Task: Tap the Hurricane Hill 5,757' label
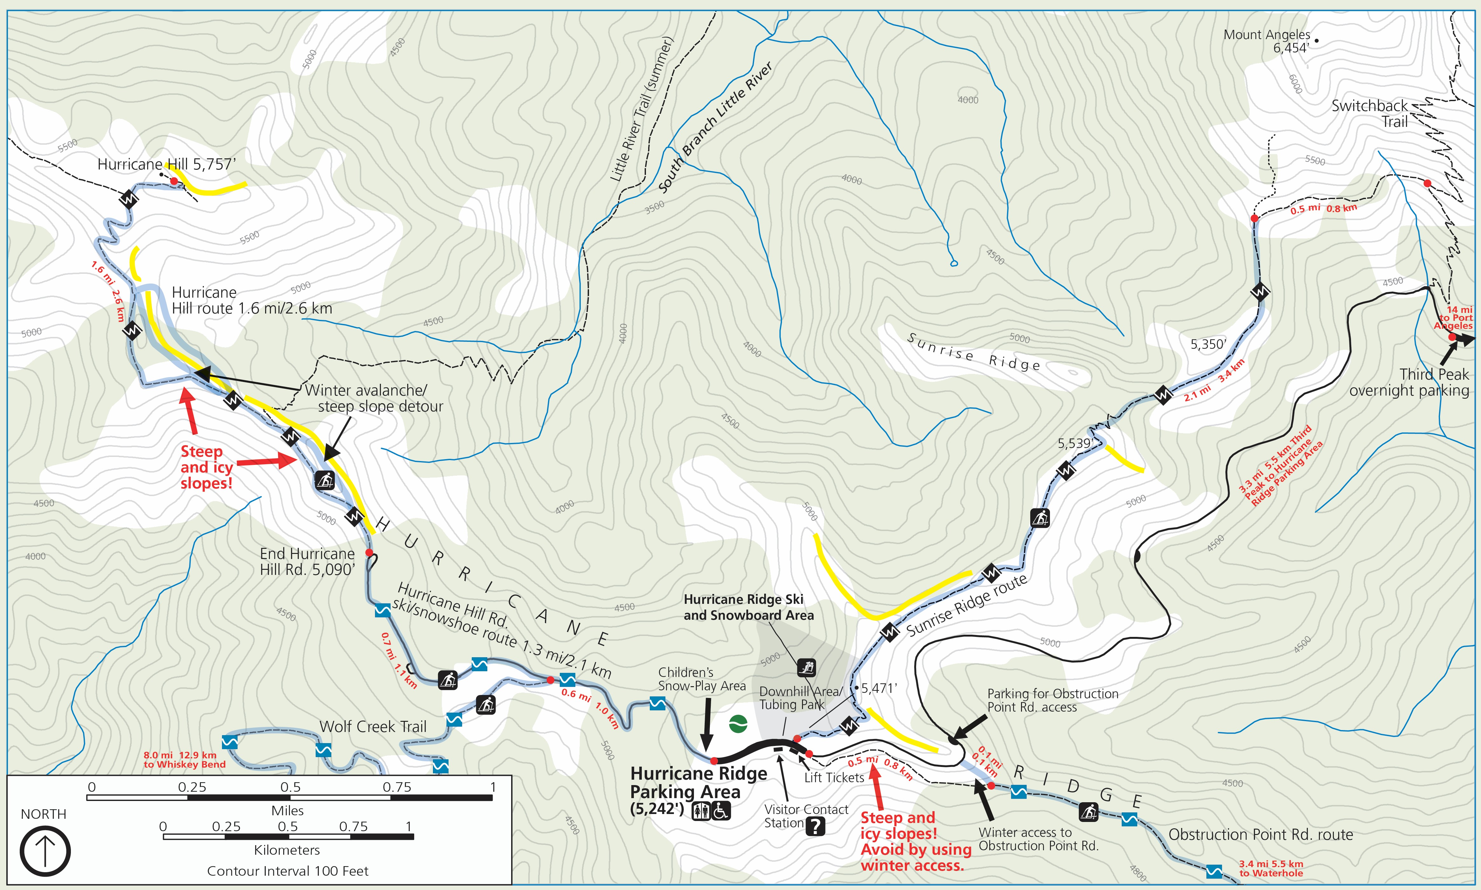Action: point(167,164)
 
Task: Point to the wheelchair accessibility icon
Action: point(721,811)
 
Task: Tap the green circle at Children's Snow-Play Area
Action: point(738,724)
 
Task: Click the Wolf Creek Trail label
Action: point(373,727)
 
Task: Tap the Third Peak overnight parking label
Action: point(1409,383)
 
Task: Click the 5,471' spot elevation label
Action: point(879,688)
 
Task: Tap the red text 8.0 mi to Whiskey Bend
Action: point(184,760)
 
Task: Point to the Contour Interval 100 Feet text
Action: point(288,871)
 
